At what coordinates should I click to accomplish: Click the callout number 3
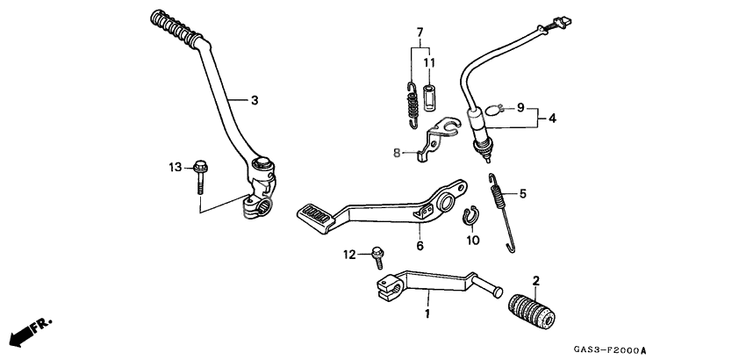(x=254, y=101)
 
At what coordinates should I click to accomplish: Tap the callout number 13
(x=175, y=166)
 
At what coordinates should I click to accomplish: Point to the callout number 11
(x=430, y=63)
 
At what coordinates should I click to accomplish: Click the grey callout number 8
(x=397, y=152)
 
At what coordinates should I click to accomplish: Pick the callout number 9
(x=520, y=108)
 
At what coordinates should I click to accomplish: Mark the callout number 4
(x=553, y=117)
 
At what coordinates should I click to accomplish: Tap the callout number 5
(x=523, y=193)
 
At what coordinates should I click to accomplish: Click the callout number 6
(x=420, y=247)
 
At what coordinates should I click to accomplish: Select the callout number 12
(x=348, y=254)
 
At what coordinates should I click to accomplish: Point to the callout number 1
(x=427, y=313)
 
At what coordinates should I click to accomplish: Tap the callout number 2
(x=536, y=281)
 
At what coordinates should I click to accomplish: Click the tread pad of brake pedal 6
(x=315, y=212)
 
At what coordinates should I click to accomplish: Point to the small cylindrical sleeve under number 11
(x=430, y=95)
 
